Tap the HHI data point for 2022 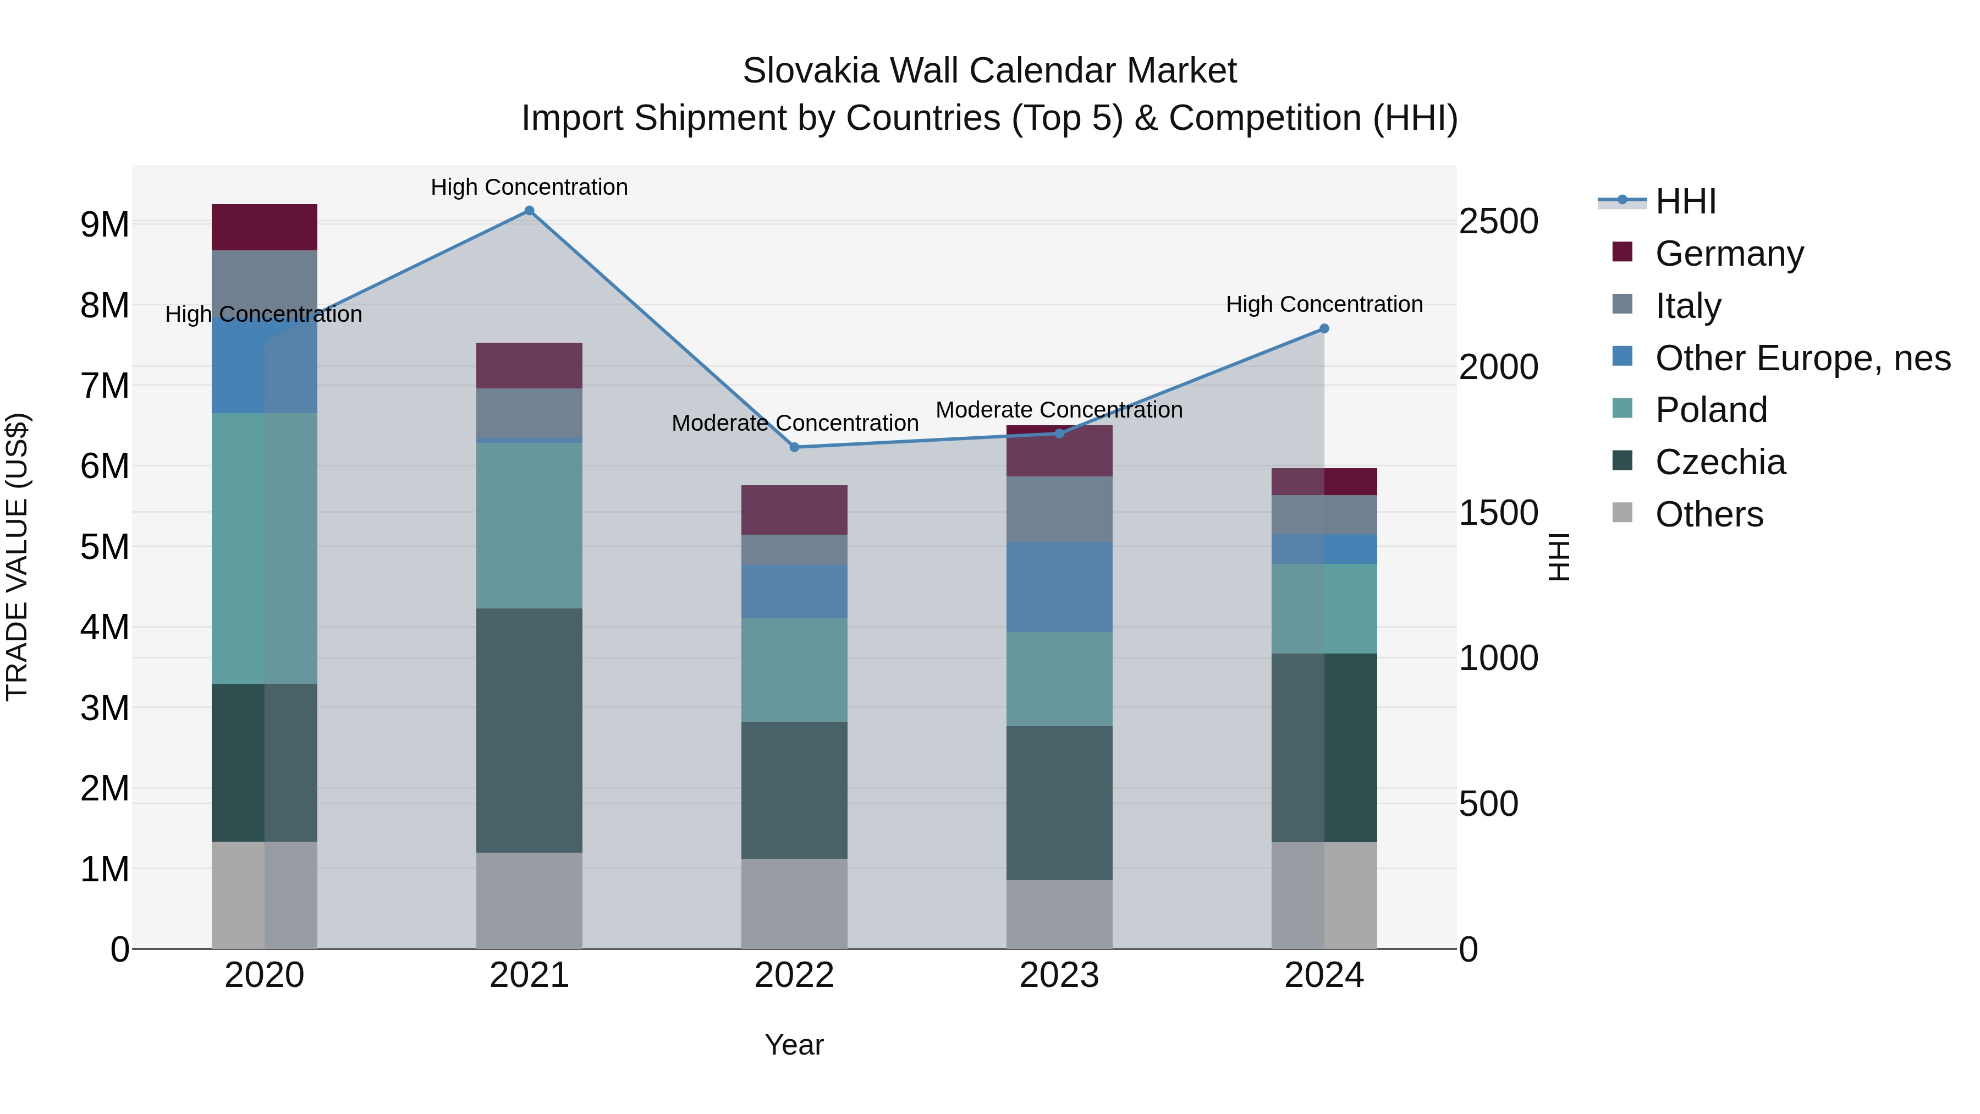pyautogui.click(x=794, y=447)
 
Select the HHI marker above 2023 pyautogui.click(x=1059, y=433)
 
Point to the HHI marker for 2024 pyautogui.click(x=1324, y=329)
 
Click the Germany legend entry pyautogui.click(x=1729, y=254)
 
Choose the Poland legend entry pyautogui.click(x=1711, y=410)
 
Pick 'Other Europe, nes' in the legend pyautogui.click(x=1802, y=358)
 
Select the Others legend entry pyautogui.click(x=1709, y=514)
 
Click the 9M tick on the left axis pyautogui.click(x=105, y=224)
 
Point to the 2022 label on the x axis pyautogui.click(x=794, y=975)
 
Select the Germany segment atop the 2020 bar pyautogui.click(x=265, y=228)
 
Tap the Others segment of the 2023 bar pyautogui.click(x=1059, y=914)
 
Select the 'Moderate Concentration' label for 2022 pyautogui.click(x=795, y=423)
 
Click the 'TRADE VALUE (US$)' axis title pyautogui.click(x=17, y=557)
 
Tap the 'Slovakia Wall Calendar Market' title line pyautogui.click(x=989, y=71)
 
